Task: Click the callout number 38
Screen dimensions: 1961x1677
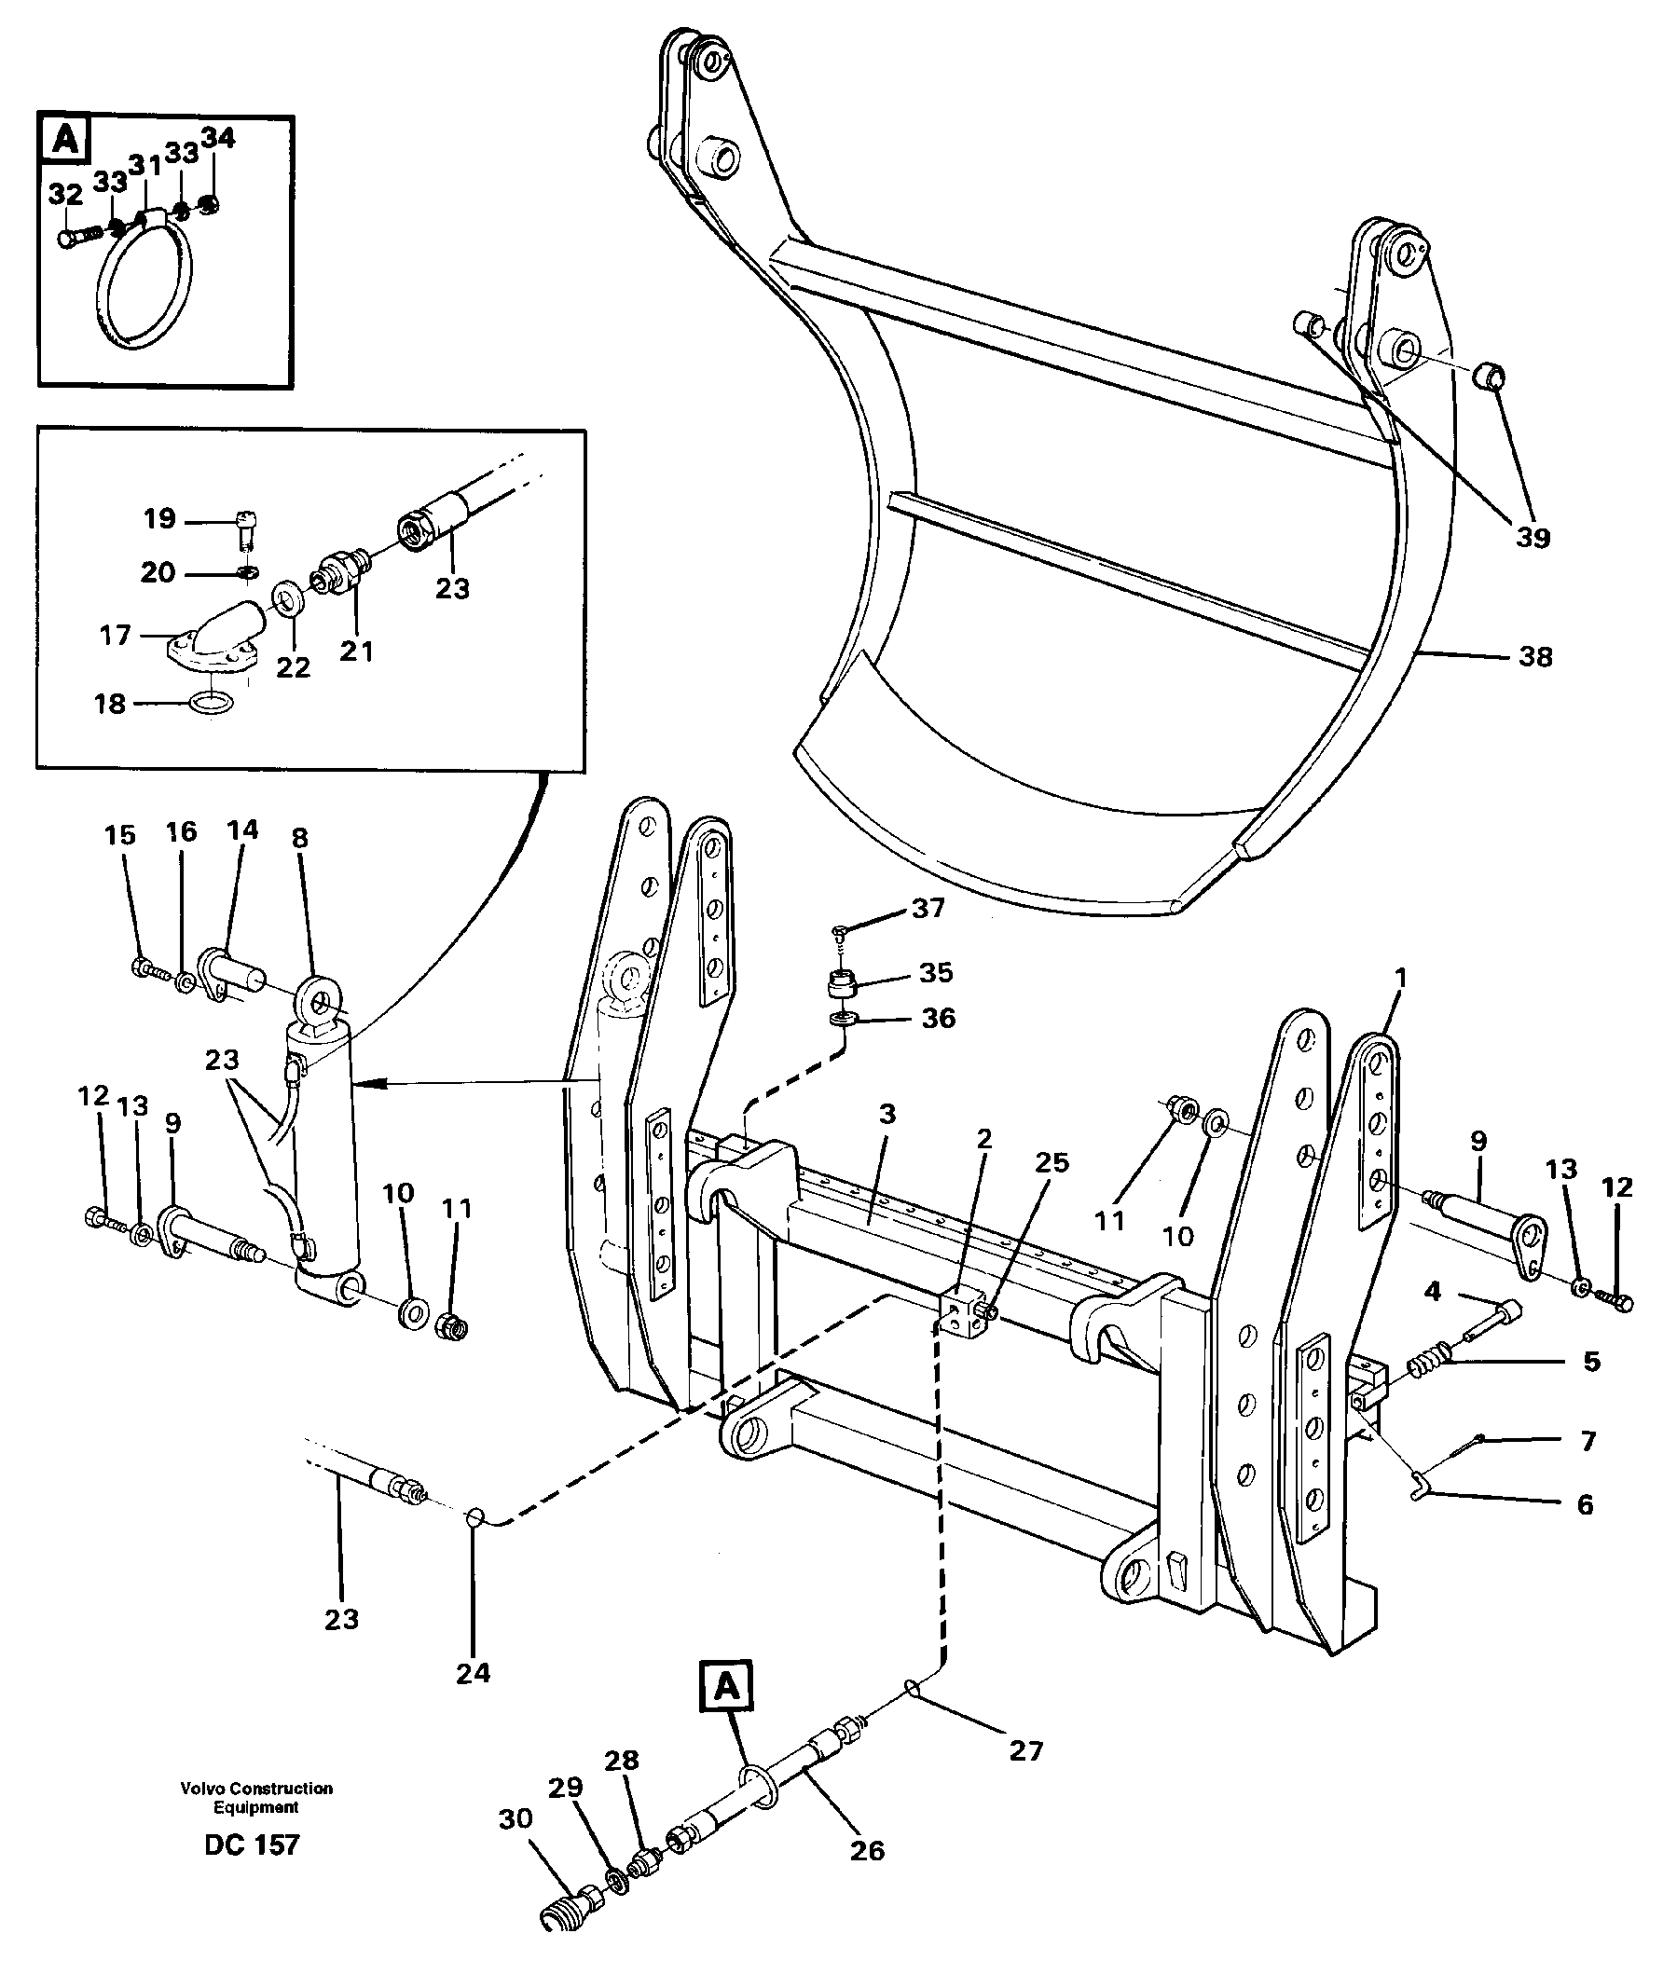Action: click(1535, 657)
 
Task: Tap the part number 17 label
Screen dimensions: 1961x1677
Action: click(115, 635)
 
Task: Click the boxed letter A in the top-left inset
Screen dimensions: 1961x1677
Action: click(65, 140)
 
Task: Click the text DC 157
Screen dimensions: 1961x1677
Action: click(252, 1844)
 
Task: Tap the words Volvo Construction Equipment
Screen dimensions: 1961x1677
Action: click(256, 1797)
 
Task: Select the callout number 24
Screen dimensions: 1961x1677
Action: click(474, 1673)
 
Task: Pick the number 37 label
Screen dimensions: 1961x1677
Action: click(928, 909)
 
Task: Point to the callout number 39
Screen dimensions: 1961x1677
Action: click(1533, 537)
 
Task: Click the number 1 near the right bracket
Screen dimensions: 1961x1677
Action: click(1401, 977)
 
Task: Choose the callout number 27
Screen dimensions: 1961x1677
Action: click(1025, 1751)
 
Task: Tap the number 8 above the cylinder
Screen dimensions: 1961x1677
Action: click(300, 838)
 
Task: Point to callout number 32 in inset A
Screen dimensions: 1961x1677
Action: click(65, 195)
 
